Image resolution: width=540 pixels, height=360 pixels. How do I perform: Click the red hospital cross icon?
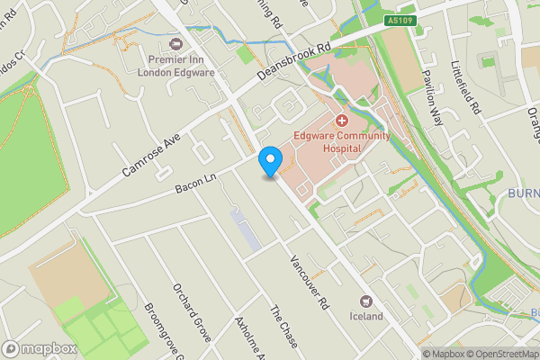point(342,121)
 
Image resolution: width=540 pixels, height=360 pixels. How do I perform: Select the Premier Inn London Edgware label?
point(175,66)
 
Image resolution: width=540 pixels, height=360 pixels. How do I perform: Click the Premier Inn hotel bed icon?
point(175,43)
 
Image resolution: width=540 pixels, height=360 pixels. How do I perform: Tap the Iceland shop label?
point(366,316)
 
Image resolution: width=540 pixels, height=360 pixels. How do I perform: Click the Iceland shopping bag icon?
point(366,301)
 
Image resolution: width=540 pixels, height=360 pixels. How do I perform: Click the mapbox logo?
point(40,348)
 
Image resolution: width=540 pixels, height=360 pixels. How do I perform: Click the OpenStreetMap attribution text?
point(499,354)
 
